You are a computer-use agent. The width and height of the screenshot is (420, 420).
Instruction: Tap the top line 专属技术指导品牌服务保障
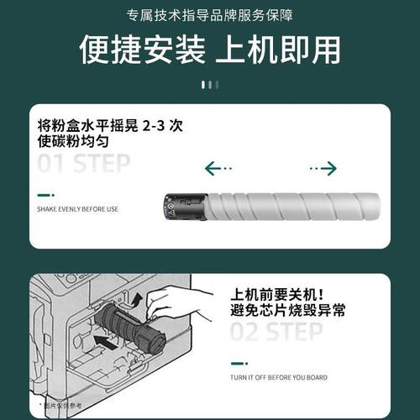210,15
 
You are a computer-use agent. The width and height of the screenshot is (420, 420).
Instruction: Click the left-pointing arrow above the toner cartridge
219,169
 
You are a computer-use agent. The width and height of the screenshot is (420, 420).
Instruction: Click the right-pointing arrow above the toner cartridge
323,169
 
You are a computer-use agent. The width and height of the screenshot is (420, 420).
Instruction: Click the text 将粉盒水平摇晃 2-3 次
110,124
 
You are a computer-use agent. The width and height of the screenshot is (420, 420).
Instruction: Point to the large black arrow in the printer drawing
109,340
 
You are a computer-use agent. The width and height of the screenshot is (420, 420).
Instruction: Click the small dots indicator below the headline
210,84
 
